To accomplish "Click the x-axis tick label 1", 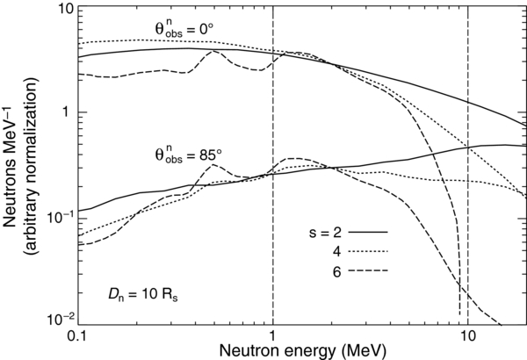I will point(273,335).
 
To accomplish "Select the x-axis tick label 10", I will point(468,335).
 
